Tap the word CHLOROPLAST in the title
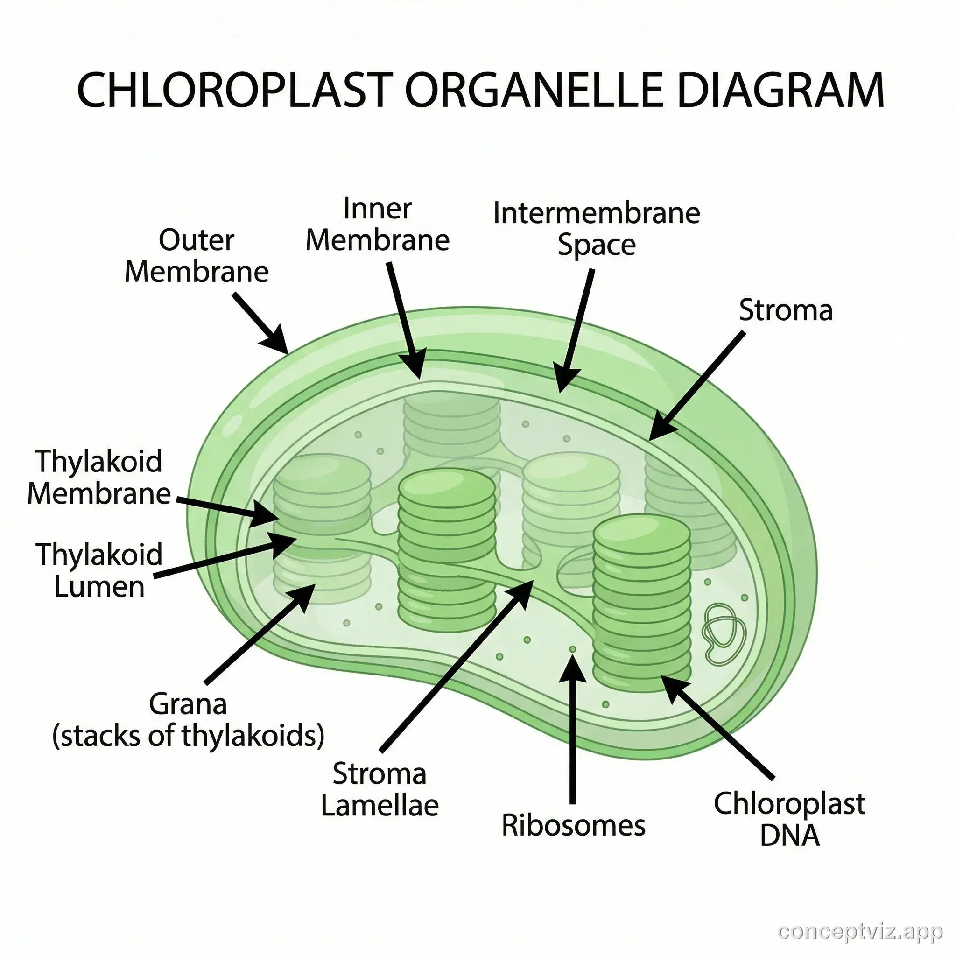coord(235,90)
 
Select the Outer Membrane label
coord(197,256)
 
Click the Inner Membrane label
coord(377,224)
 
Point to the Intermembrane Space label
coord(596,229)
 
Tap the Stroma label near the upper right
coord(785,311)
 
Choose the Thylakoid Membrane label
coord(99,478)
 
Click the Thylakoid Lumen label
coord(99,570)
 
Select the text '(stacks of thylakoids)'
coord(188,736)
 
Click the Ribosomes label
coord(574,825)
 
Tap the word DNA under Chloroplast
coord(789,836)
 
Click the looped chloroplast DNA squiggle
coord(724,633)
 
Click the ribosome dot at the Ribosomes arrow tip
coord(572,649)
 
